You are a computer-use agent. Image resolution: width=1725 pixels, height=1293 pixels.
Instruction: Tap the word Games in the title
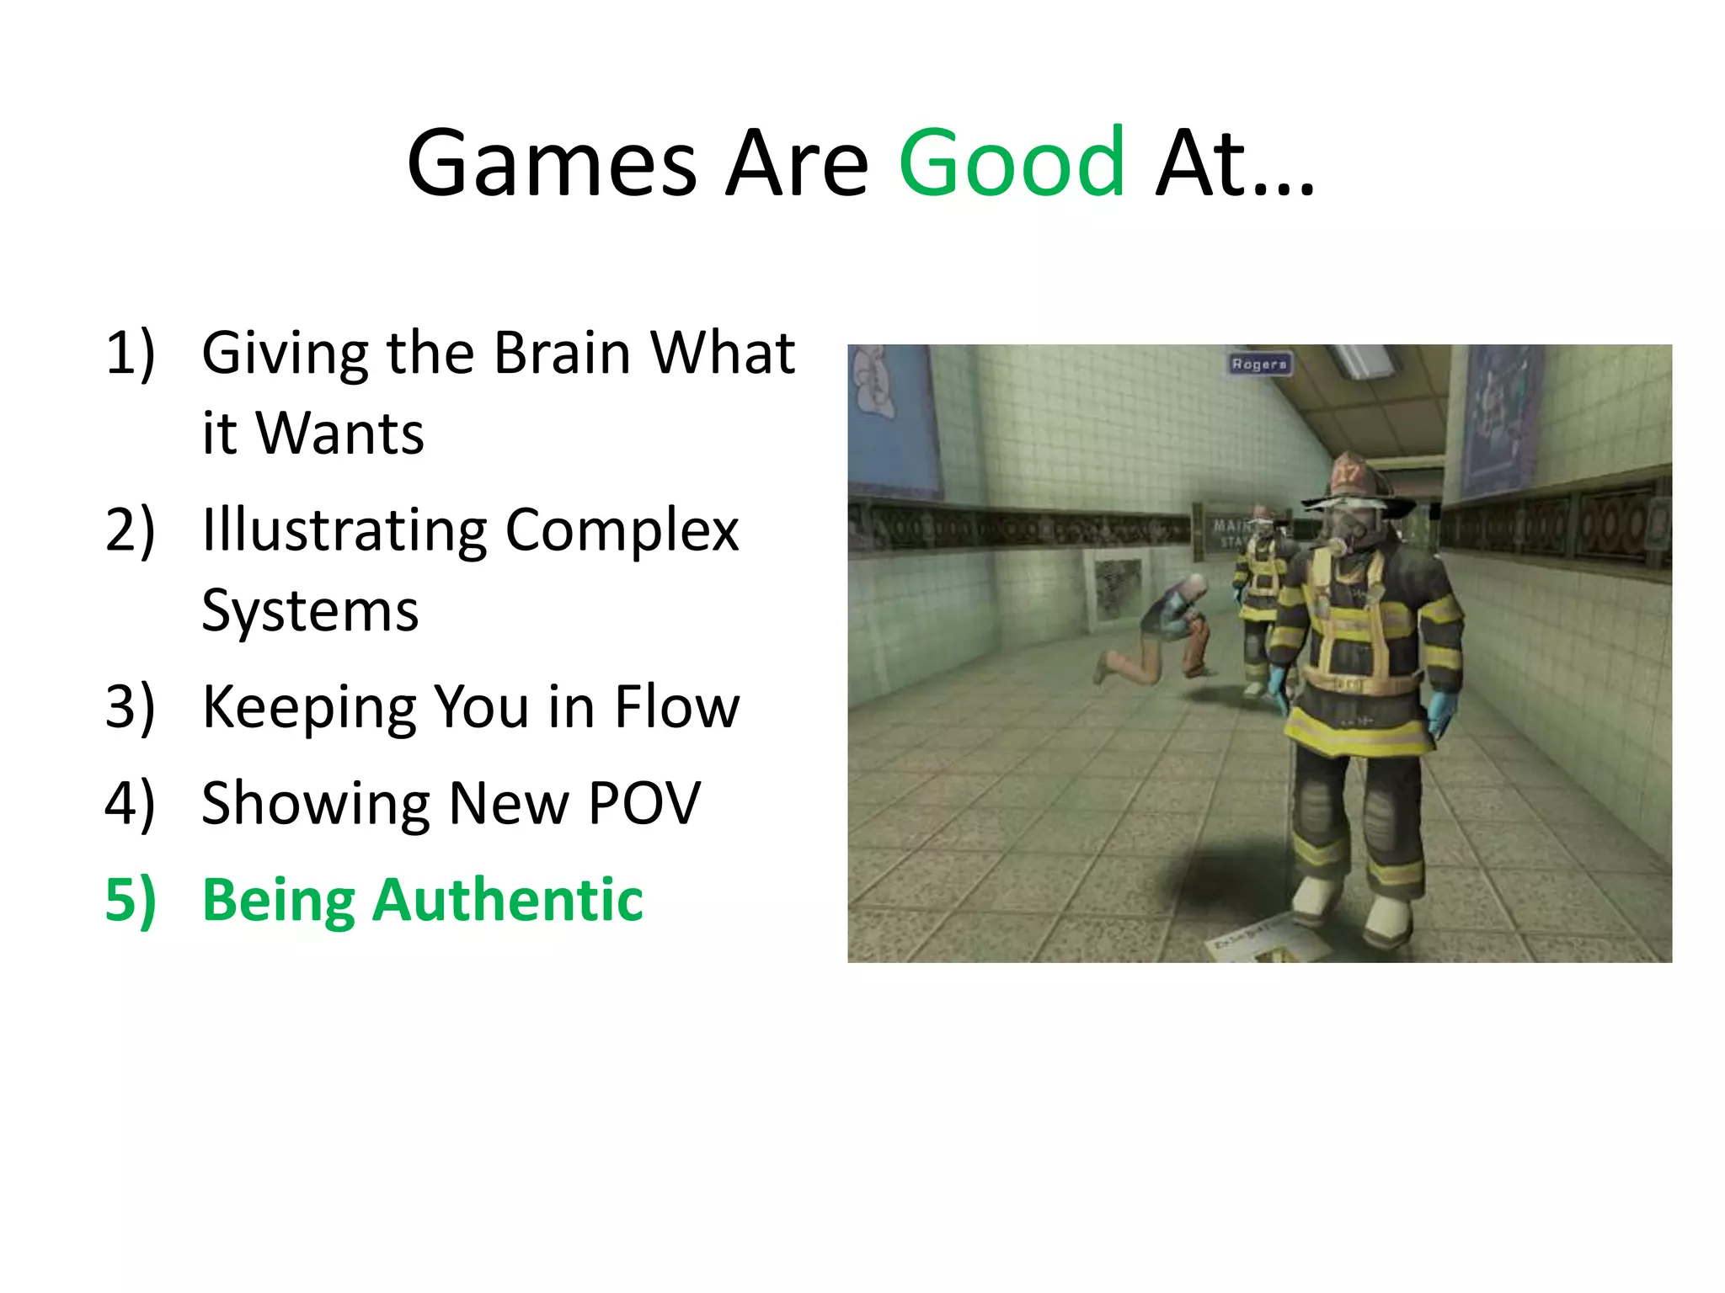[x=552, y=164]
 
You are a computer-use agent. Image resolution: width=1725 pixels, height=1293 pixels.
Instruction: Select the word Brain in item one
[x=562, y=353]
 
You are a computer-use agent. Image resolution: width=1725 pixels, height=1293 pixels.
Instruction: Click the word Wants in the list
[x=339, y=434]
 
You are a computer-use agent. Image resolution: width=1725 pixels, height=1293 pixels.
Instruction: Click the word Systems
[x=310, y=610]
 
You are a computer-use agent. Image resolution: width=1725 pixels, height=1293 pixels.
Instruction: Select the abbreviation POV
[x=644, y=803]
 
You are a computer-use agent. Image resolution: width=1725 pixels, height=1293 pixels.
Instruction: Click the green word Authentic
[x=507, y=900]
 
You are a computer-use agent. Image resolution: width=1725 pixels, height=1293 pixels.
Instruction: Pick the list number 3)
[x=130, y=707]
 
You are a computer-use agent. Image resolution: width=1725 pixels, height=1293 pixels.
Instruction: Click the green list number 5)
[x=130, y=901]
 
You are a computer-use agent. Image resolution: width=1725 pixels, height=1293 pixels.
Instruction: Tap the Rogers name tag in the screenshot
[x=1259, y=364]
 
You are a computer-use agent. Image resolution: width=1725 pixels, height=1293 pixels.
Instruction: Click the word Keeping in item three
[x=308, y=709]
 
